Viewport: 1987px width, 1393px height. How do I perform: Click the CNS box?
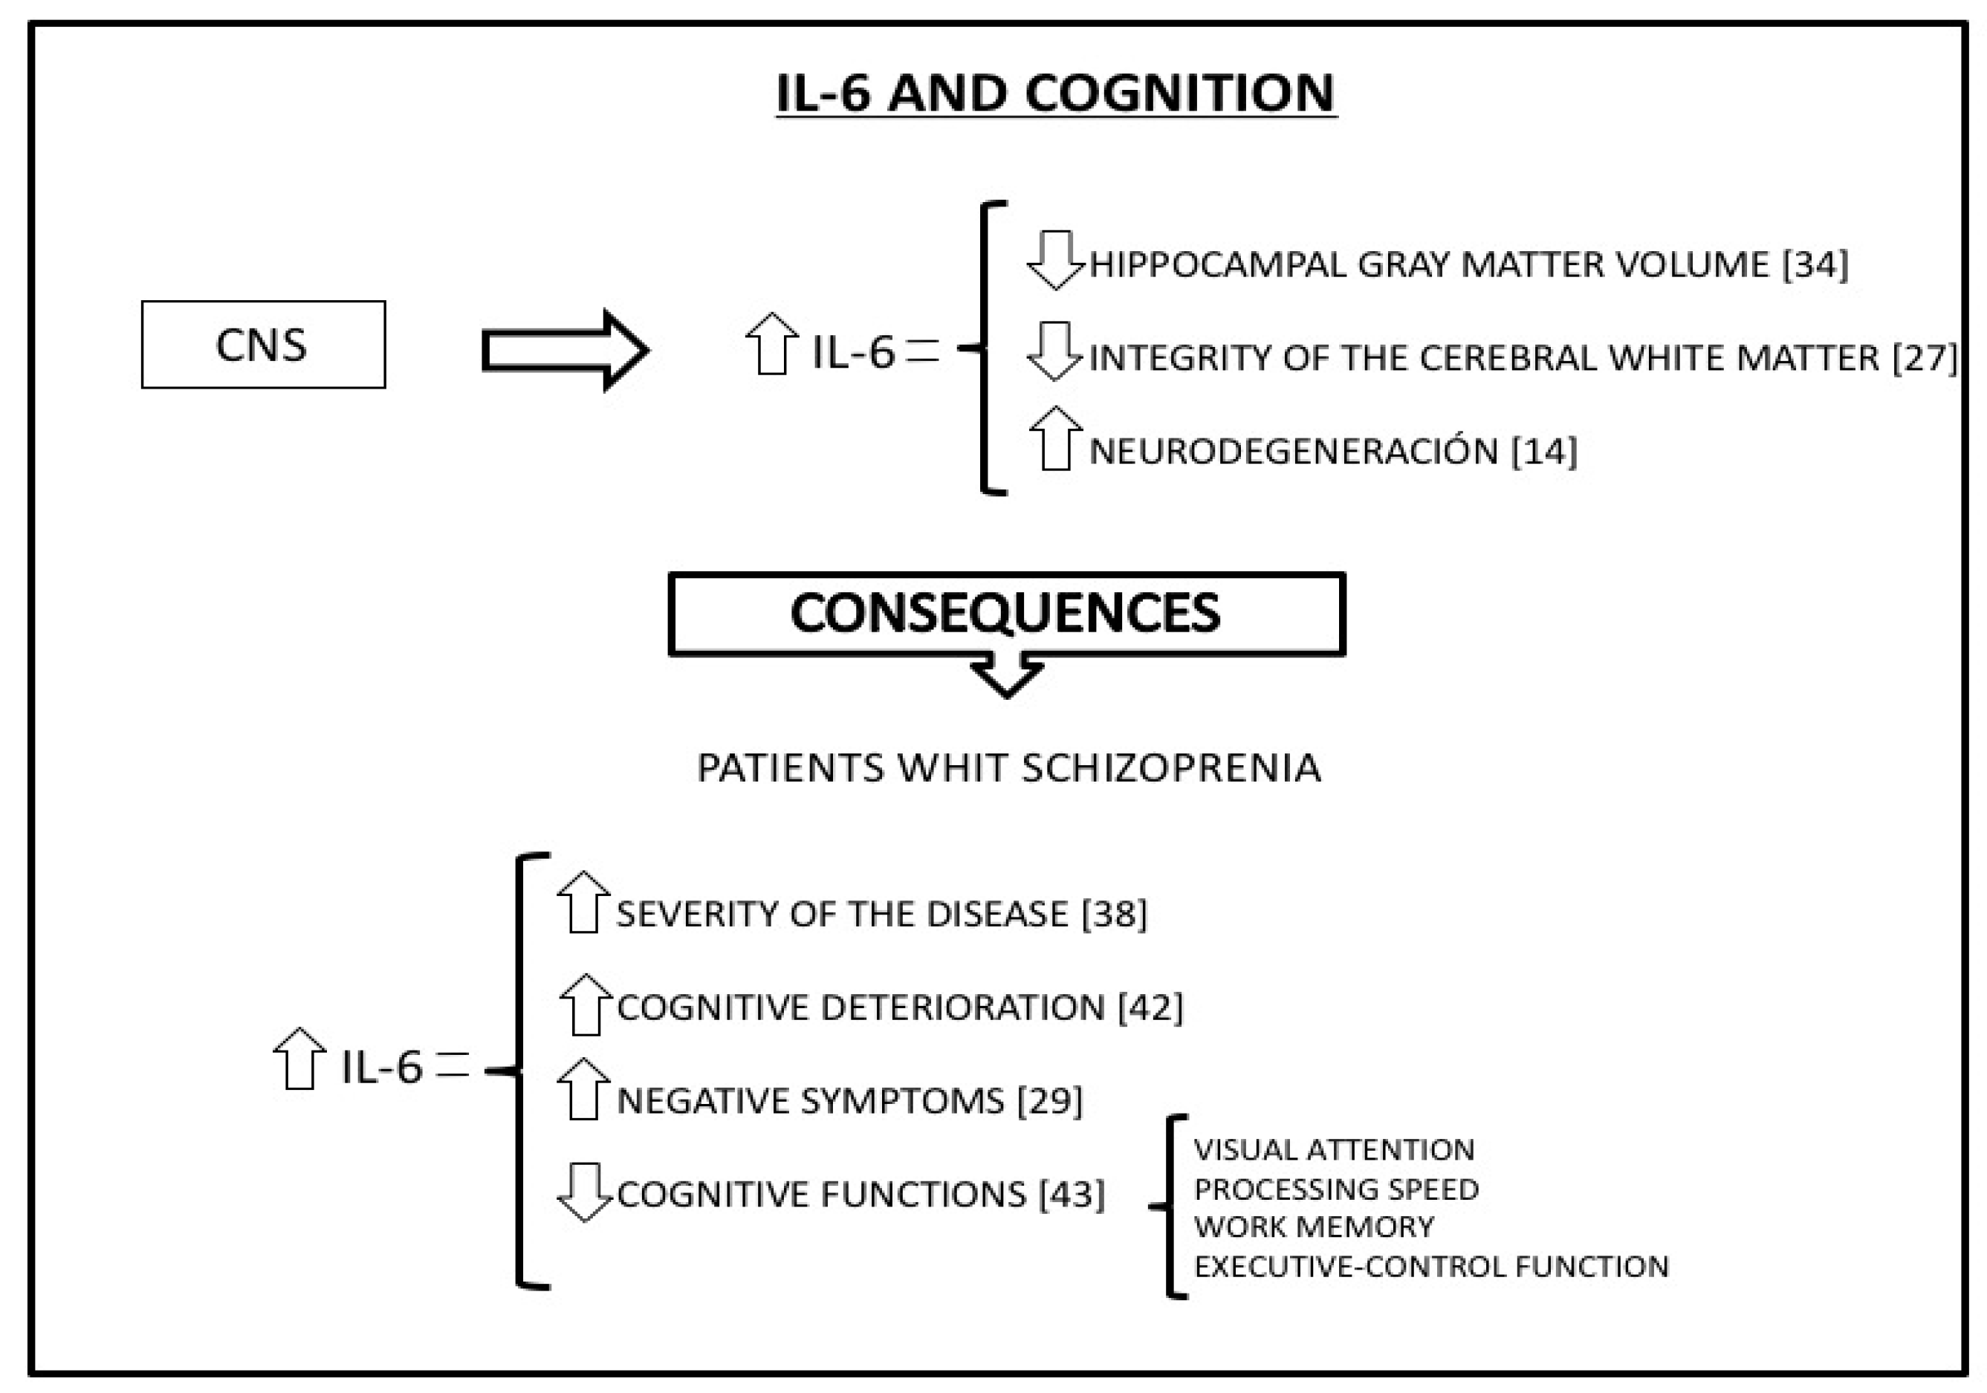tap(263, 345)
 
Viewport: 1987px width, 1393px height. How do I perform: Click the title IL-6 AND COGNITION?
tap(1056, 94)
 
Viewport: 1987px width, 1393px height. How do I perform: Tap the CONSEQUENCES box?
tap(1006, 614)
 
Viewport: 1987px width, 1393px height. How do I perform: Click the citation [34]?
tap(1815, 264)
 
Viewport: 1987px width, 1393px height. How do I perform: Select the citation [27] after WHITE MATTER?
tap(1925, 358)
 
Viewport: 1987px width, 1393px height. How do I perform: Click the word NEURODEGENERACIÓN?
tap(1293, 452)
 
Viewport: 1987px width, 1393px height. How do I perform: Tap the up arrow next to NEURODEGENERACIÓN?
tap(1056, 440)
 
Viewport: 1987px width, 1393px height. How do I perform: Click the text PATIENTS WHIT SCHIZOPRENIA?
tap(1009, 768)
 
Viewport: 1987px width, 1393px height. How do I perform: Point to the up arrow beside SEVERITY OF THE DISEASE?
tap(583, 903)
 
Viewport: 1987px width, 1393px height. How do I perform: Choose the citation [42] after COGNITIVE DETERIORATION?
tap(1150, 1008)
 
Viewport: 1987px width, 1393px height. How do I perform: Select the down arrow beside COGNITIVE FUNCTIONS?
tap(585, 1192)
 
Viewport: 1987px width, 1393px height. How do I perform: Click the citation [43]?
tap(1072, 1195)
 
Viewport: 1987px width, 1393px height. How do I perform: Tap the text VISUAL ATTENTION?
tap(1334, 1150)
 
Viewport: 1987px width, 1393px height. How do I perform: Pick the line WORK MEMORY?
tap(1314, 1227)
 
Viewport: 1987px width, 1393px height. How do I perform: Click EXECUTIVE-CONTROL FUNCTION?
tap(1430, 1267)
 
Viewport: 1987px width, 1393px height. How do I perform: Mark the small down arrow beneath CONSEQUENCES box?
tap(1006, 675)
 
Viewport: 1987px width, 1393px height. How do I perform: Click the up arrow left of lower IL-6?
tap(299, 1059)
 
